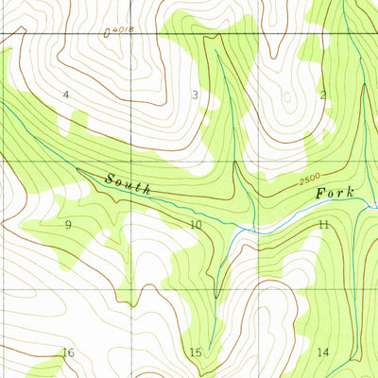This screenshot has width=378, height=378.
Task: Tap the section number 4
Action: [66, 94]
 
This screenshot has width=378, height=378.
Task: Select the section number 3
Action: [195, 94]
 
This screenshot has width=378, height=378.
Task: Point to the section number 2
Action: [322, 94]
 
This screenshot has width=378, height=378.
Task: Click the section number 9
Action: [68, 225]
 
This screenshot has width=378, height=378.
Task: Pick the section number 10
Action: [196, 225]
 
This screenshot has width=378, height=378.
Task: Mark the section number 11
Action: [323, 225]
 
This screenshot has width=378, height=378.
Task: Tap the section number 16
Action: [68, 352]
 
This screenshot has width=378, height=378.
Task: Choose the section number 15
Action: [196, 352]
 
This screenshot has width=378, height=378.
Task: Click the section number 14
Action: [323, 352]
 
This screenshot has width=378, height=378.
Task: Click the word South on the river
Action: [128, 183]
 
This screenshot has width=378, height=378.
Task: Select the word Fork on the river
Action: [335, 193]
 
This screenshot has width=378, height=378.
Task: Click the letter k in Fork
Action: [351, 192]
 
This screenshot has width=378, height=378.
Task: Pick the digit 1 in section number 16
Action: [64, 352]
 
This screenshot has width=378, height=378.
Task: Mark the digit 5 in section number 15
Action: [199, 352]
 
